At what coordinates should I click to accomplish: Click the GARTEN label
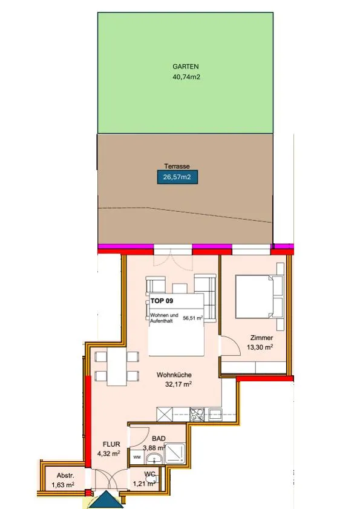click(185, 67)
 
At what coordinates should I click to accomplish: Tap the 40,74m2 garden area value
click(186, 77)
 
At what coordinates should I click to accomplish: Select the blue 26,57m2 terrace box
click(177, 177)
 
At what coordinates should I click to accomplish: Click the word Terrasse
click(177, 166)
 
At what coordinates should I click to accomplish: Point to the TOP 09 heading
click(162, 301)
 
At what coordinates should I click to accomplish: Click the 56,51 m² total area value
click(193, 318)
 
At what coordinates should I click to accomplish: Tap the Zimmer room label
click(261, 338)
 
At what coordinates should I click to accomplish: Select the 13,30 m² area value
click(260, 347)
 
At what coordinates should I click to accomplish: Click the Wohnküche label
click(174, 375)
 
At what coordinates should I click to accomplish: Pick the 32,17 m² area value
click(178, 384)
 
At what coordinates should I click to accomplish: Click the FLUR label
click(111, 444)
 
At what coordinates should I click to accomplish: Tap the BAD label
click(159, 439)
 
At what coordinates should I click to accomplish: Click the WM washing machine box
click(137, 458)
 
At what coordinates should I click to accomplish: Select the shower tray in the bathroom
click(175, 453)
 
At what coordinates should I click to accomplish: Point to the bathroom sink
click(154, 459)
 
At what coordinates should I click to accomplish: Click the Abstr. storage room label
click(65, 476)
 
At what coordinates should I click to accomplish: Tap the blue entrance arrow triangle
click(106, 499)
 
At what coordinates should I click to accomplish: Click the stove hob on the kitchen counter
click(197, 414)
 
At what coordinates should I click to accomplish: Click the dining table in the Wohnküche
click(117, 367)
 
